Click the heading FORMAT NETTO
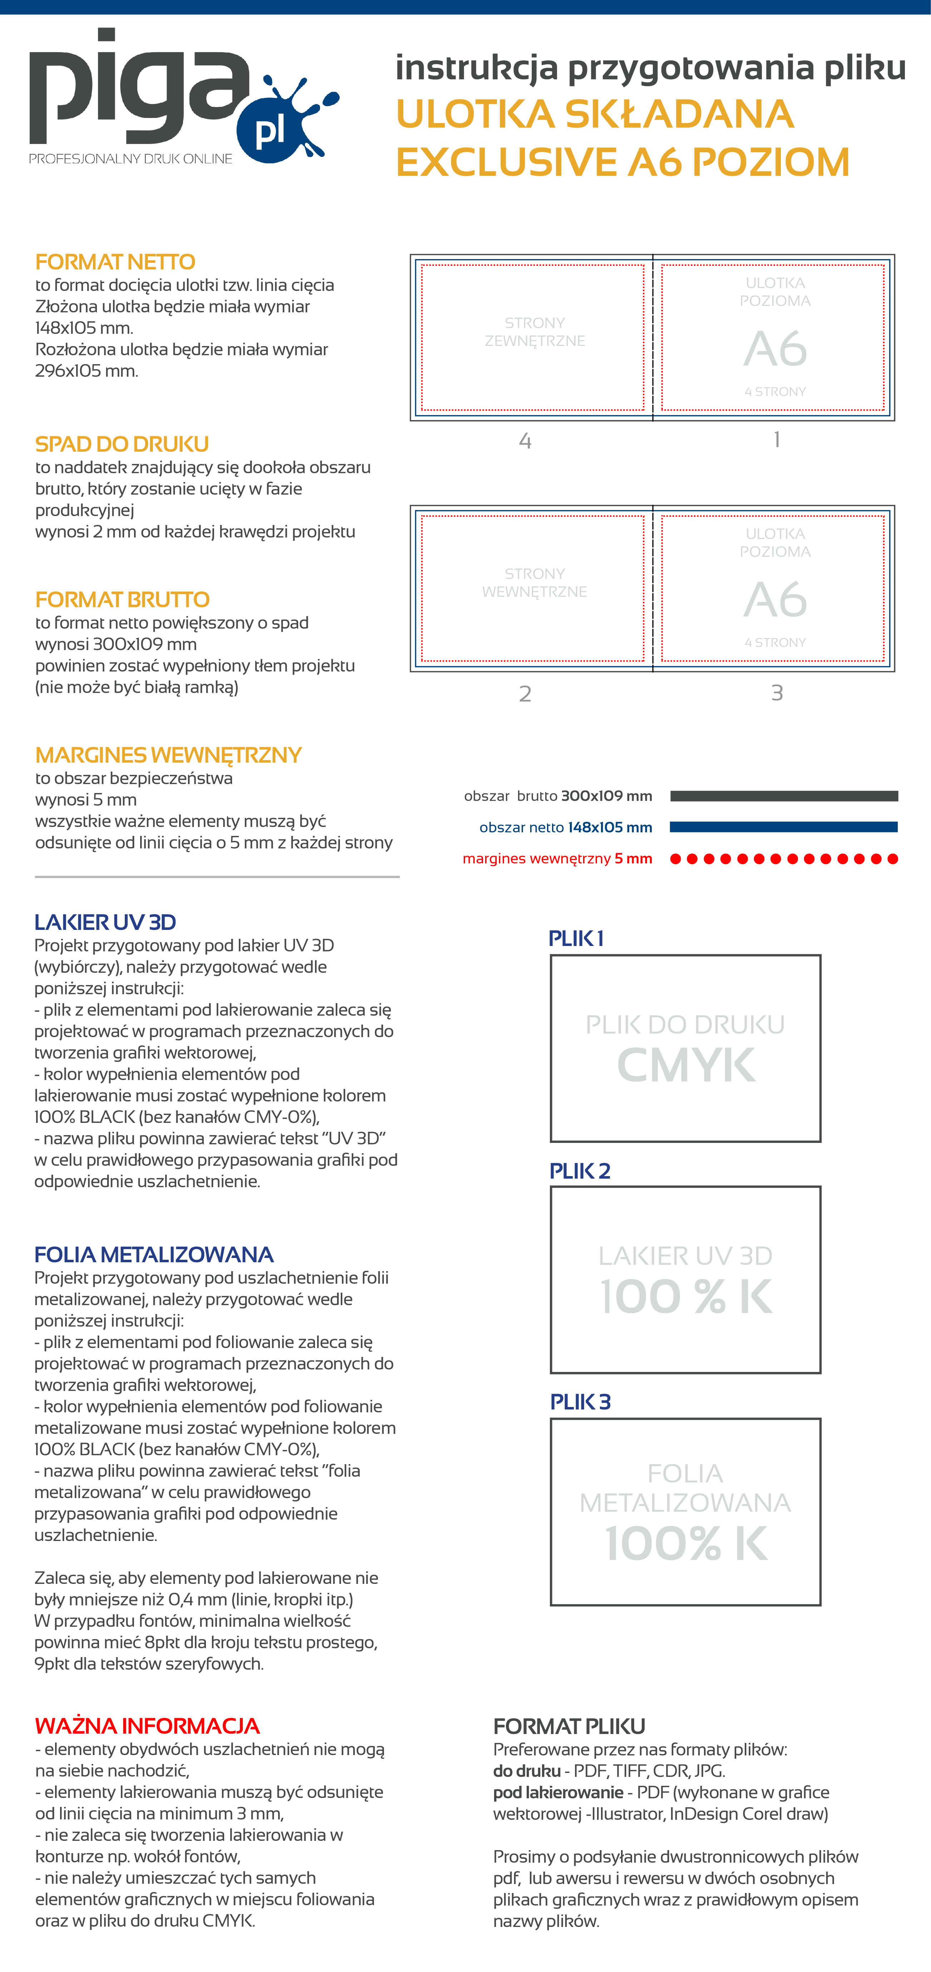(x=115, y=262)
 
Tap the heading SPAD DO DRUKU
(x=122, y=444)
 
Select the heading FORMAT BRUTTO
(x=122, y=599)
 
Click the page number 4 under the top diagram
(x=525, y=441)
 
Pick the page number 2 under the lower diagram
(x=525, y=694)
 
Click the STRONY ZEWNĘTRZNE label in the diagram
(x=535, y=332)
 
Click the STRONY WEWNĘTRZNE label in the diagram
(x=535, y=583)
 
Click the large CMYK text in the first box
(x=686, y=1065)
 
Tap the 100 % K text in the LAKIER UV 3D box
(x=686, y=1296)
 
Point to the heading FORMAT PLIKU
(x=569, y=1726)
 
